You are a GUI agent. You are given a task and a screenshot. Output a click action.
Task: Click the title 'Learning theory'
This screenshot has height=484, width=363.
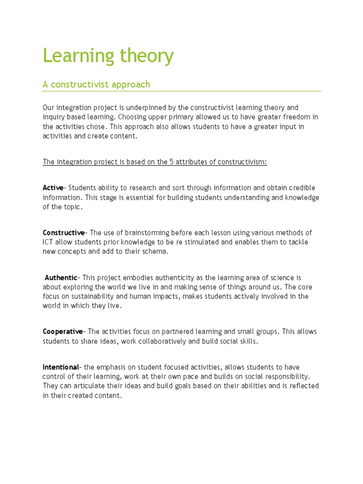coord(108,56)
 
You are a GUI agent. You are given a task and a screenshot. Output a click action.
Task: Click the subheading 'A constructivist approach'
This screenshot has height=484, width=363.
coord(96,85)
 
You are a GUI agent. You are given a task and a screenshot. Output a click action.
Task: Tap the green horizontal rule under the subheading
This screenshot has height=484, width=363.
coord(181,91)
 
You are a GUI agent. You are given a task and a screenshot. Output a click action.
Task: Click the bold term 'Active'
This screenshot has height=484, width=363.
coord(53,188)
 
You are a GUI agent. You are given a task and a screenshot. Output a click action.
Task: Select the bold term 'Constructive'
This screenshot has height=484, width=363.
coord(63,233)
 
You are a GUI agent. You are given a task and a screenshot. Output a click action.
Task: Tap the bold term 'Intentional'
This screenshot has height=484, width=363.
coord(61,367)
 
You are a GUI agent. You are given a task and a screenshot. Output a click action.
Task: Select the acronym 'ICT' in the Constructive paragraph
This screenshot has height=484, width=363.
coord(49,242)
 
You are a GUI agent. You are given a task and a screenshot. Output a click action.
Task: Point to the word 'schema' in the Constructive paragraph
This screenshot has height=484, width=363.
coord(154,251)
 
